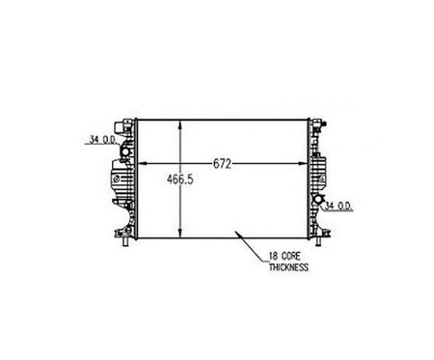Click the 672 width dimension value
click(222, 164)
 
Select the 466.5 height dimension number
click(180, 180)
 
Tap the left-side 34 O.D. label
click(102, 140)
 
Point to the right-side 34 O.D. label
click(339, 207)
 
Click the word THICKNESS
click(288, 267)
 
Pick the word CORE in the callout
click(290, 257)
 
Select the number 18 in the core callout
click(273, 257)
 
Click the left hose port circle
click(124, 151)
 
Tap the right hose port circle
click(318, 199)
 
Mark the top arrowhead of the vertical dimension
click(180, 125)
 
